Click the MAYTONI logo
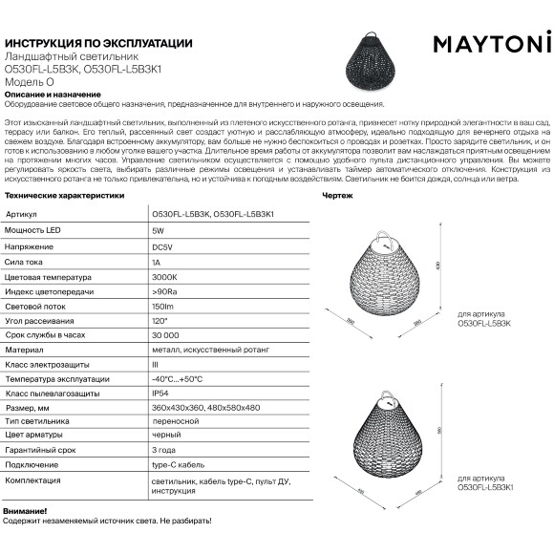(493, 44)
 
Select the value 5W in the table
(157, 232)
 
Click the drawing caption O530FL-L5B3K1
(485, 487)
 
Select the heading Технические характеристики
(64, 193)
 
